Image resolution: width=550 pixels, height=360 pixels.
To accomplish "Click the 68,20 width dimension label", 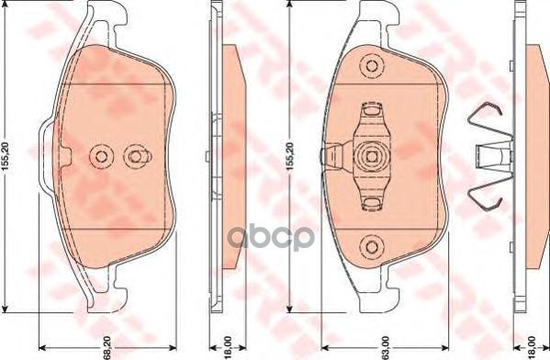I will point(107,344).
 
